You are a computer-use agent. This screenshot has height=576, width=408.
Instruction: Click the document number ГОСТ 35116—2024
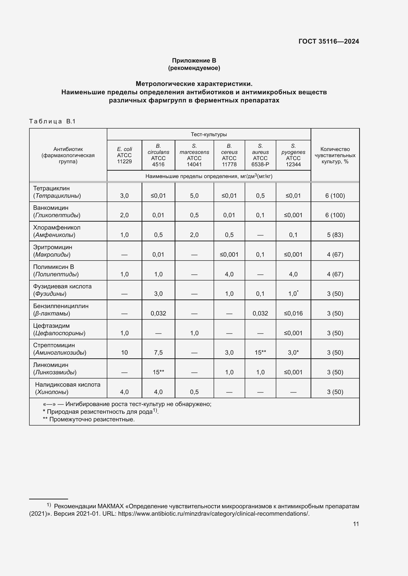pyautogui.click(x=329, y=41)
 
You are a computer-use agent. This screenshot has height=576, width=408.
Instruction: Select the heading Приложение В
pyautogui.click(x=194, y=61)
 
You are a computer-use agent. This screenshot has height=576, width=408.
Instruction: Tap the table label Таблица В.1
pyautogui.click(x=52, y=121)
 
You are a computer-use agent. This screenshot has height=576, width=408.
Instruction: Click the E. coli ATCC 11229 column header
pyautogui.click(x=124, y=155)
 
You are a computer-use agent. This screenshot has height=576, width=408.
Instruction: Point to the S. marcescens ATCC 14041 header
pyautogui.click(x=194, y=155)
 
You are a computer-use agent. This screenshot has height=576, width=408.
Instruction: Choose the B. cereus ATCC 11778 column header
pyautogui.click(x=229, y=155)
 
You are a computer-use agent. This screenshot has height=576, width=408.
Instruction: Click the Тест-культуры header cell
pyautogui.click(x=209, y=134)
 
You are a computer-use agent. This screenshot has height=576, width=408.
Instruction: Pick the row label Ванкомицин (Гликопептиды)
pyautogui.click(x=57, y=211)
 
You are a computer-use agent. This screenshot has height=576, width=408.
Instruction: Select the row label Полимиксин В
pyautogui.click(x=54, y=267)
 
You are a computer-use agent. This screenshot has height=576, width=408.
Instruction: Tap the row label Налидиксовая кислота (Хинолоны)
pyautogui.click(x=67, y=388)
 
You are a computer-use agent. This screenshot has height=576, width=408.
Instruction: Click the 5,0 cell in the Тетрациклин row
pyautogui.click(x=194, y=196)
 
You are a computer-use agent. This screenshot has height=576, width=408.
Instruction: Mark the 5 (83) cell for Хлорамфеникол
pyautogui.click(x=335, y=235)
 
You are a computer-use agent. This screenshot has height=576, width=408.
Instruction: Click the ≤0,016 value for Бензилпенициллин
pyautogui.click(x=293, y=313)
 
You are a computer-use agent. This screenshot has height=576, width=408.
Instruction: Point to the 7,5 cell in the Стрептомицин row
pyautogui.click(x=158, y=352)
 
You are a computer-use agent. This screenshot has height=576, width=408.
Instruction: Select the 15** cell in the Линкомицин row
pyautogui.click(x=158, y=372)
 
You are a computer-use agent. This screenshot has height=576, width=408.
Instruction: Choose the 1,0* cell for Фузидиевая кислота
pyautogui.click(x=293, y=294)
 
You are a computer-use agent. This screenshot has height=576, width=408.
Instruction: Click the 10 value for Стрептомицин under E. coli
pyautogui.click(x=124, y=352)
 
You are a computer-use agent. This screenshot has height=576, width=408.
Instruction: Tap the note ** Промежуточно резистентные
pyautogui.click(x=89, y=419)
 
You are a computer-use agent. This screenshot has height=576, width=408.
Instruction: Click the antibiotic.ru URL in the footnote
pyautogui.click(x=214, y=513)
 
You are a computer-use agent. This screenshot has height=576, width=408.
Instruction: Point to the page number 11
pyautogui.click(x=356, y=524)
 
